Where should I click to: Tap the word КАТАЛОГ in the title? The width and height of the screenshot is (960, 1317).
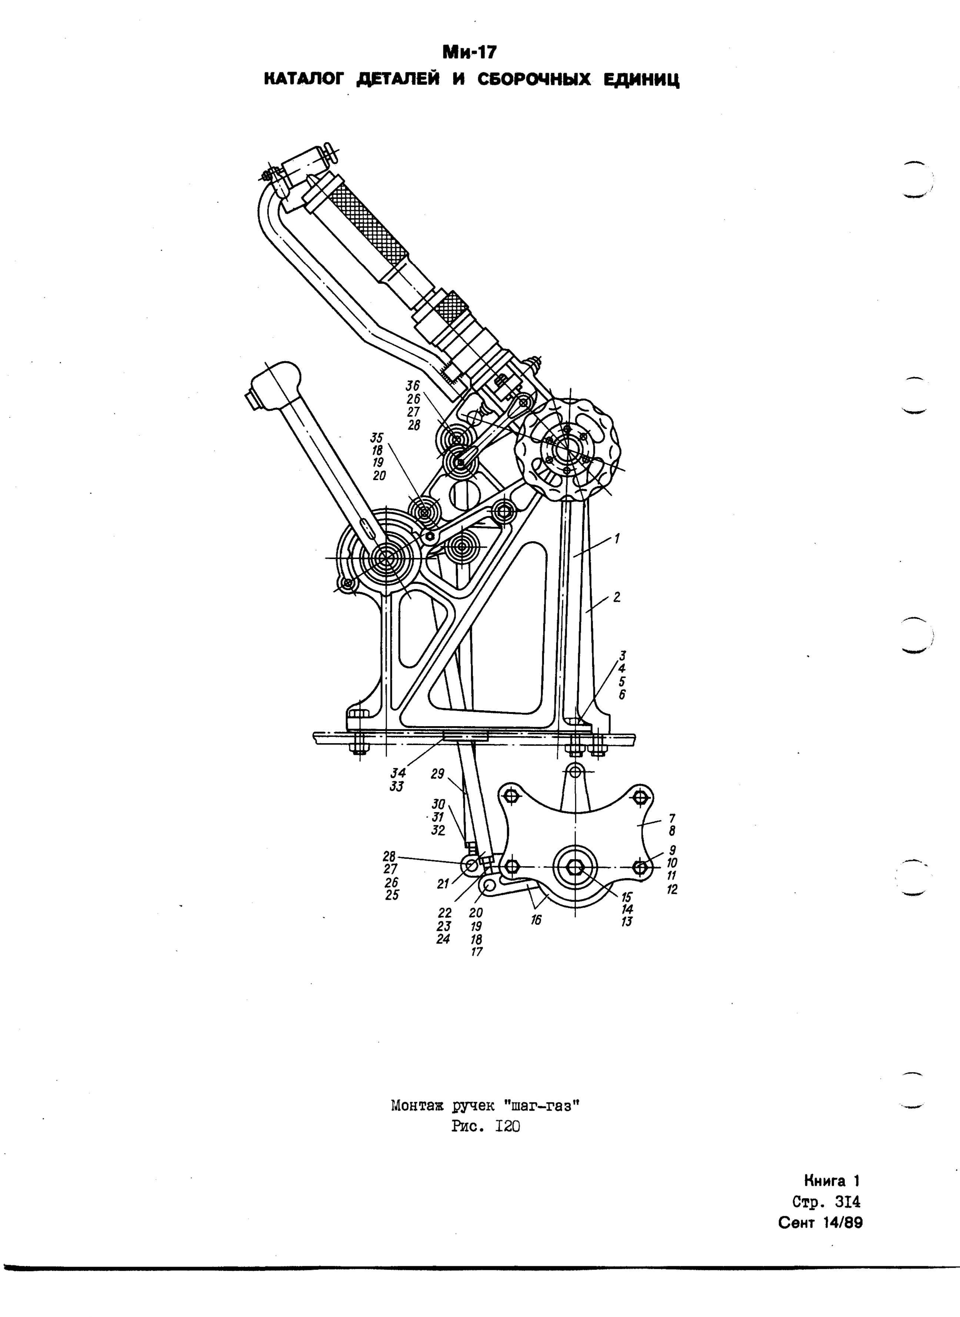tap(303, 79)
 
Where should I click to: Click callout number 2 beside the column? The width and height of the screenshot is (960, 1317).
tap(617, 597)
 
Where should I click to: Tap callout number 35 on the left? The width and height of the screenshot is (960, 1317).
tap(378, 438)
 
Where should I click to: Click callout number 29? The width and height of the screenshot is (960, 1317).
tap(437, 774)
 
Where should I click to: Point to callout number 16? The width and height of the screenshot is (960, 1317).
tap(536, 920)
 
